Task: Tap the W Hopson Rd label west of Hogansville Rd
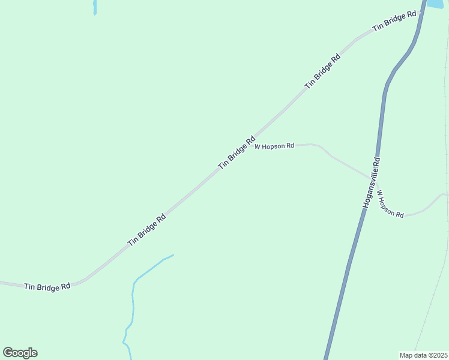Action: pos(274,146)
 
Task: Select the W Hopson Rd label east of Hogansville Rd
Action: pos(390,204)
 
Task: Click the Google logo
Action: pos(20,353)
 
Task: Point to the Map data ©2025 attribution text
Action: pos(424,355)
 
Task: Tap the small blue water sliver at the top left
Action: pos(95,7)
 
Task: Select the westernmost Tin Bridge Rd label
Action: pos(47,287)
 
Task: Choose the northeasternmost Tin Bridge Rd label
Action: pos(394,22)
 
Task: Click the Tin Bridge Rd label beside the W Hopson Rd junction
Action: pos(237,152)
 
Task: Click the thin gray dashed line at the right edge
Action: pos(441,276)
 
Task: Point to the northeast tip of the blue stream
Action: pos(173,255)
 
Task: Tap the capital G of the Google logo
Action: pos(8,352)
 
